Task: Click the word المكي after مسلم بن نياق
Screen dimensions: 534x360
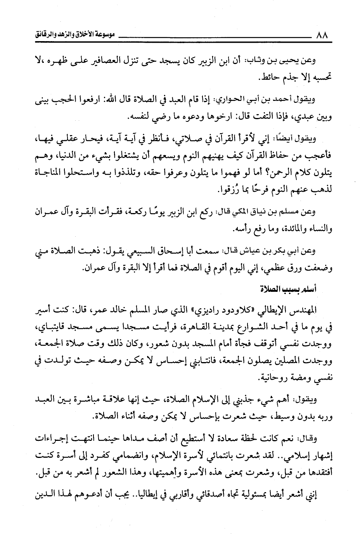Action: (248, 212)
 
